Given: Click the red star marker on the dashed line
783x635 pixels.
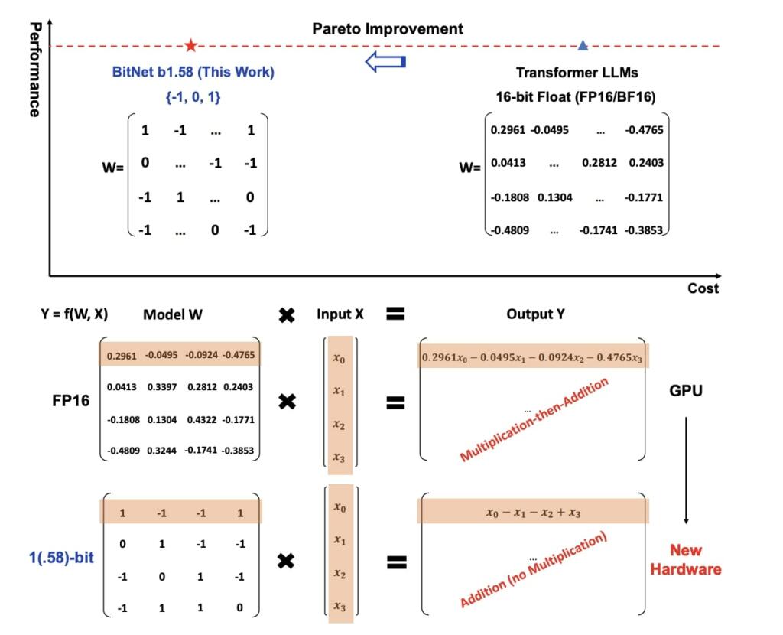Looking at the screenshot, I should coord(190,46).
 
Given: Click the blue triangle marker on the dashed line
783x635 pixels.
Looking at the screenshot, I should coord(583,46).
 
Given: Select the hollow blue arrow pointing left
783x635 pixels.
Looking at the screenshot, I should coord(385,62).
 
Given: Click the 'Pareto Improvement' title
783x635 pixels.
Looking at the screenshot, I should coord(388,29).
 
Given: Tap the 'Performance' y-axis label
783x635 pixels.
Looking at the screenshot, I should coord(34,70).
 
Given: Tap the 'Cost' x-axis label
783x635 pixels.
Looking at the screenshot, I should coord(703,288).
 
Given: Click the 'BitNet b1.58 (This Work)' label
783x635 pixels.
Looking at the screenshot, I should coord(193,73).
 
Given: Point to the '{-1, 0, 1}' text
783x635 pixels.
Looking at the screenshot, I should coord(193,97).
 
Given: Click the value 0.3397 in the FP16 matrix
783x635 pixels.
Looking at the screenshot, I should coord(161,387).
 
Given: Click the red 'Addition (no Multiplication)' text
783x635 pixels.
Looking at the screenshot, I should coord(533,571).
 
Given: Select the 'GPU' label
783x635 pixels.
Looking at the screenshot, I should coord(685,391).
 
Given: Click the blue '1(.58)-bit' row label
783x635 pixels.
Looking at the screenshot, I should coord(57,557).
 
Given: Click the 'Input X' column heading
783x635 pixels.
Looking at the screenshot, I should coord(340,314).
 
